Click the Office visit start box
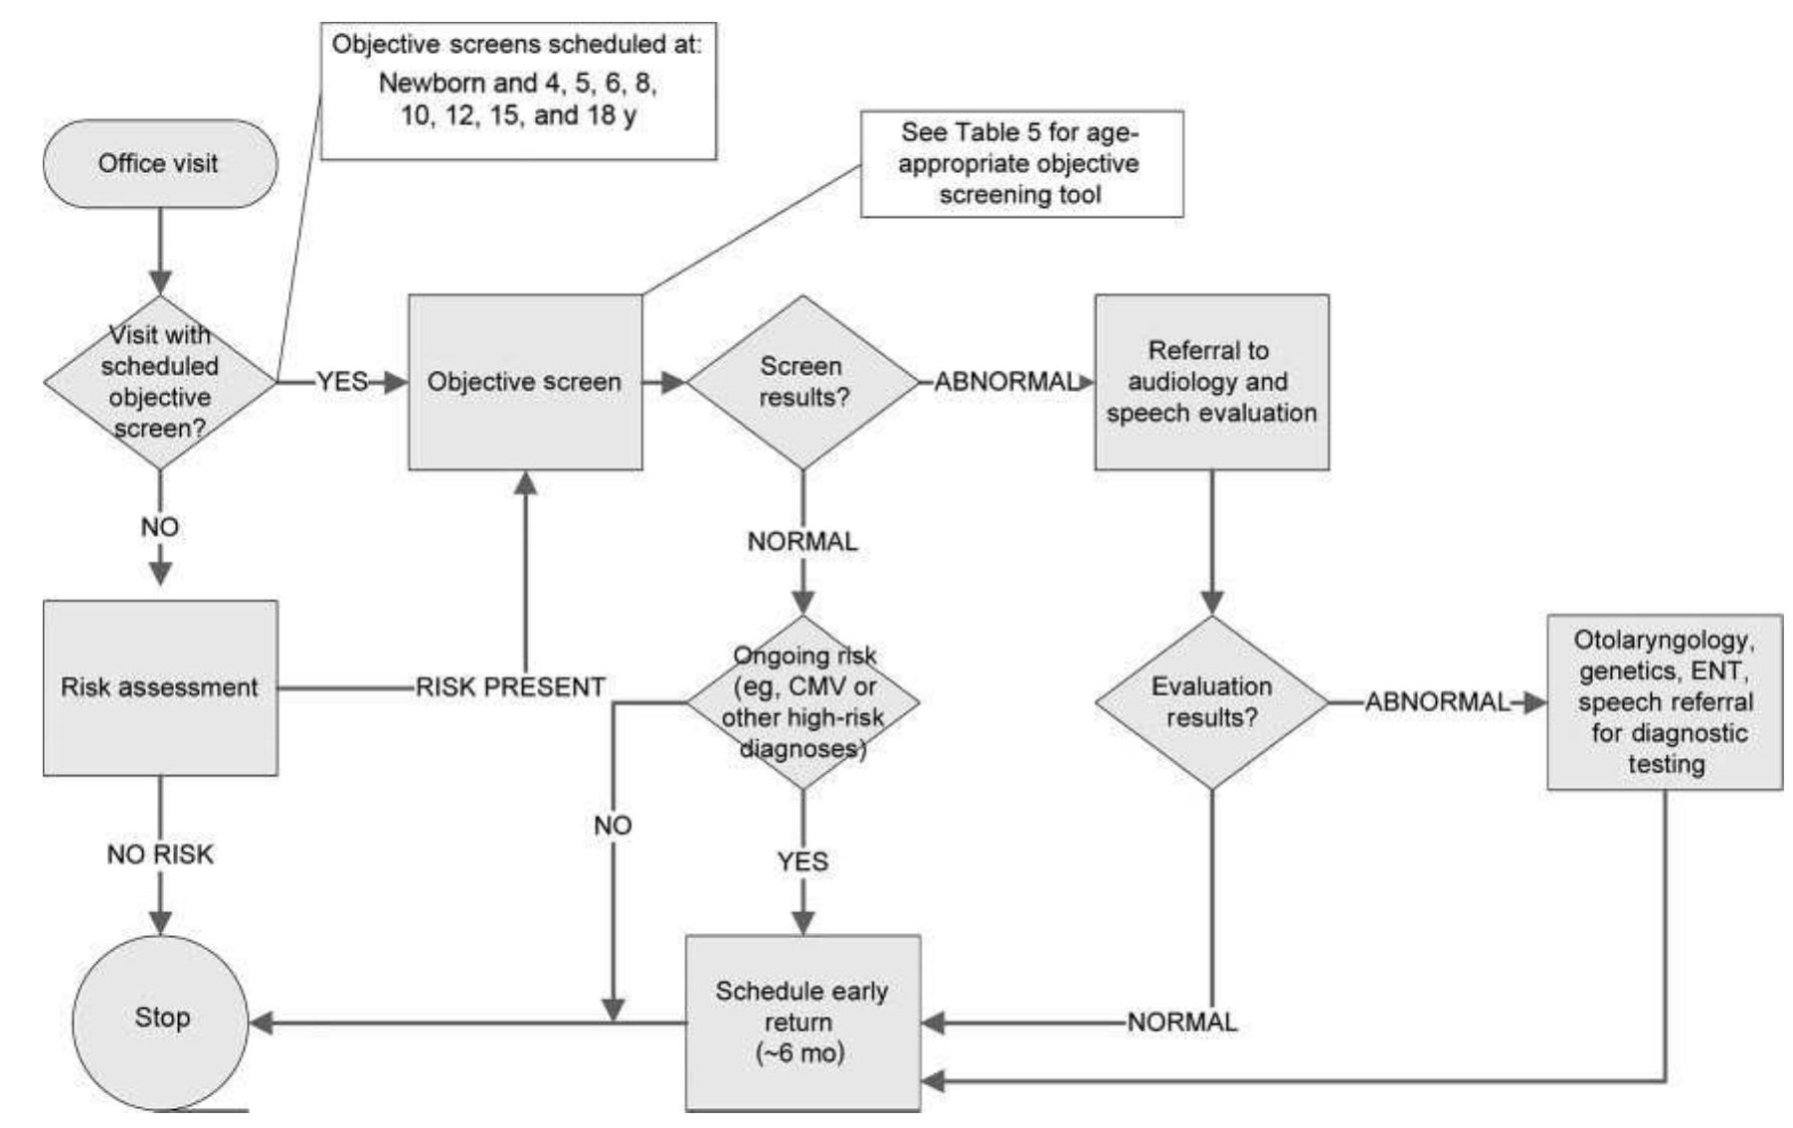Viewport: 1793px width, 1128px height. (159, 164)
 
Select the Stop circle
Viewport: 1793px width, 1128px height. (161, 1019)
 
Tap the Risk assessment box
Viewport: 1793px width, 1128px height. (160, 687)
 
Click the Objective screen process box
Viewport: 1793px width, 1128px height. (525, 382)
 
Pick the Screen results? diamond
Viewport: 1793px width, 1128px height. (803, 382)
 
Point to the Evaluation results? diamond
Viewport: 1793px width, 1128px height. (1211, 702)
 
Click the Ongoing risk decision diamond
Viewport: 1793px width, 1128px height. (803, 702)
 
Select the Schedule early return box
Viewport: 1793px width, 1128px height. (803, 1023)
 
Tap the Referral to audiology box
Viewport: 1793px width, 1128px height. (1211, 382)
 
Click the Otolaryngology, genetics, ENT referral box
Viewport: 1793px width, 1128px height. (1665, 702)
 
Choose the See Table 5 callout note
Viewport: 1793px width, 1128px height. (1021, 164)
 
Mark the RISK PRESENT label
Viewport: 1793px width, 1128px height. (510, 687)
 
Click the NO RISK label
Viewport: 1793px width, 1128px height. (160, 854)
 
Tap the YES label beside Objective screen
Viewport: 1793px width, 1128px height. (342, 382)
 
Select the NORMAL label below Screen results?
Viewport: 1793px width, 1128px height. (803, 542)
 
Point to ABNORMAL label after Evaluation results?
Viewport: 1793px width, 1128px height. (1437, 702)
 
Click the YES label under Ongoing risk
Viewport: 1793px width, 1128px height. (803, 861)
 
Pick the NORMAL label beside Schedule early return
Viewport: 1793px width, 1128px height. (1182, 1022)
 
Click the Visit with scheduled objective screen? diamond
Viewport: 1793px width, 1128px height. (160, 382)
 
